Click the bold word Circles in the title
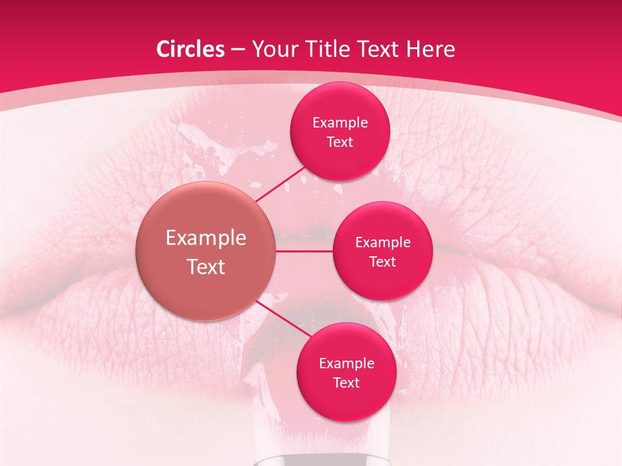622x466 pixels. (190, 49)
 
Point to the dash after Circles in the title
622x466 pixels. (238, 50)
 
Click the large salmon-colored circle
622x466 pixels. (205, 251)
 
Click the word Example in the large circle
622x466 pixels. (206, 238)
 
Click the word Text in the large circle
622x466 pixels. (206, 267)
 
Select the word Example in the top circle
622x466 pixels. (340, 122)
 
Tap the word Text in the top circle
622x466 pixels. (340, 142)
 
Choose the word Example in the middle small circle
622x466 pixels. (383, 242)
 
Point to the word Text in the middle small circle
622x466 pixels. (383, 261)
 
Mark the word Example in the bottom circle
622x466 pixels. (347, 363)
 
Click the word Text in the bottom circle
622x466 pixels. (347, 383)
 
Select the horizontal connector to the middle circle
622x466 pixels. (304, 251)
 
